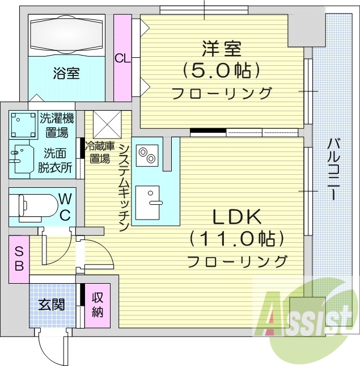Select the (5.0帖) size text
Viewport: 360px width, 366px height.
tap(221, 70)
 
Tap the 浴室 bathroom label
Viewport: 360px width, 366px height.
tap(66, 73)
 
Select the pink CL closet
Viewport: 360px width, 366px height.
tap(122, 57)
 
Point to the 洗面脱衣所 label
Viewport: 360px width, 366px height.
tap(54, 160)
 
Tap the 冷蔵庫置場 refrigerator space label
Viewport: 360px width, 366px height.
tap(98, 152)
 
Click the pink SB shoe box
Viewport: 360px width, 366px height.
tap(19, 259)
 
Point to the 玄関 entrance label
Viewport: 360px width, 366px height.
tap(52, 304)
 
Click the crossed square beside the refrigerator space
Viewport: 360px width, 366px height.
tap(108, 123)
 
